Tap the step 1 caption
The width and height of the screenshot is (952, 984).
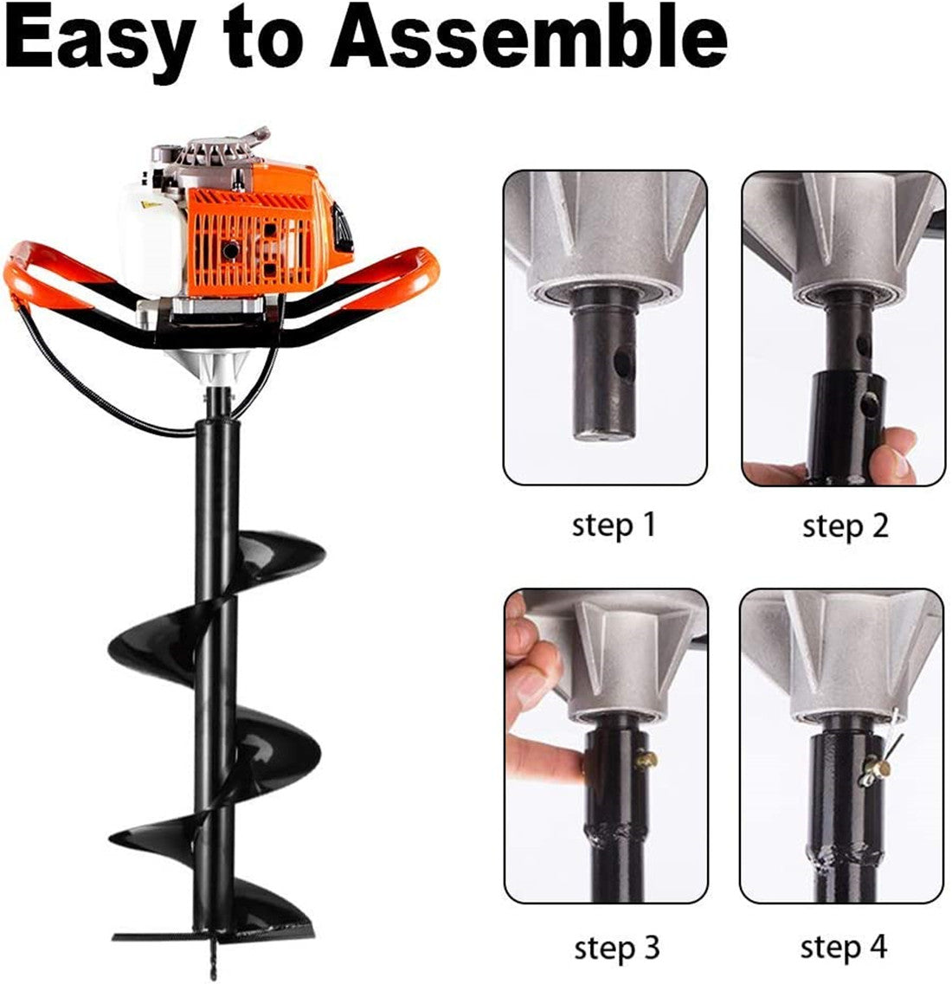tap(614, 524)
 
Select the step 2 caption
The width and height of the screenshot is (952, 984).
tap(845, 525)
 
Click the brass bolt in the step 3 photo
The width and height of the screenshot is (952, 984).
tap(645, 761)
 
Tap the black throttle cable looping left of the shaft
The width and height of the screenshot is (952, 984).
tap(52, 363)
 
